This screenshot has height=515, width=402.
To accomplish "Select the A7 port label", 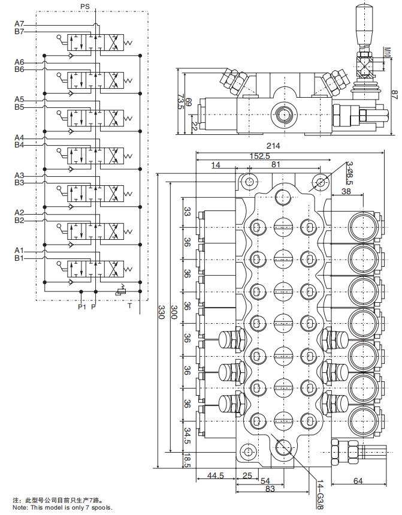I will (x=19, y=23).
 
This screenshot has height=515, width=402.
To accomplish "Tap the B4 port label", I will (x=19, y=145).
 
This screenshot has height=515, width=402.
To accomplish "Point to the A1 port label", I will (x=19, y=250).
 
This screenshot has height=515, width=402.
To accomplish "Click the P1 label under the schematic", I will (x=82, y=307).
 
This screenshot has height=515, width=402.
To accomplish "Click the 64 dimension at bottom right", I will (x=357, y=481).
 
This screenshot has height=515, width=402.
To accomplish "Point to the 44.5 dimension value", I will (x=215, y=476).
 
